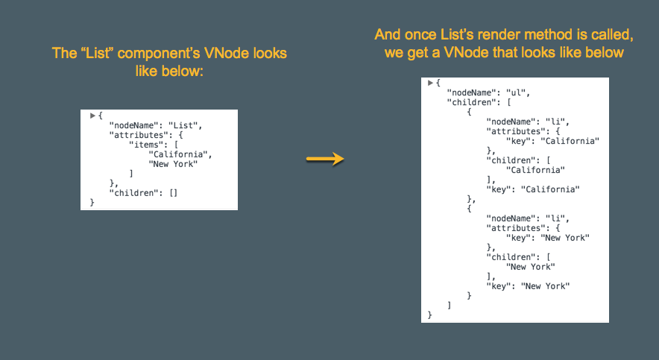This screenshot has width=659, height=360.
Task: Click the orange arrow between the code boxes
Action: pos(325,159)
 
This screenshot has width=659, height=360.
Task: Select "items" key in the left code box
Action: pos(146,145)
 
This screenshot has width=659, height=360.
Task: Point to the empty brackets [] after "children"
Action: pos(173,193)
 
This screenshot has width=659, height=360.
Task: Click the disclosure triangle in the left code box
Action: pos(92,116)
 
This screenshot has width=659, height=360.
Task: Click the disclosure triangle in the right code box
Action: pos(430,83)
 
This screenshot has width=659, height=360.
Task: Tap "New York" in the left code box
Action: pos(173,164)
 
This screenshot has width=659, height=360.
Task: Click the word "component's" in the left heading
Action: pos(159,54)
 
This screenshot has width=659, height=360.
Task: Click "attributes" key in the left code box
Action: pos(139,135)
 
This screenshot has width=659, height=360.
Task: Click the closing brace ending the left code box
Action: pos(92,203)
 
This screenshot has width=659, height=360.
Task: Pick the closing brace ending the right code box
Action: pos(429,315)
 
